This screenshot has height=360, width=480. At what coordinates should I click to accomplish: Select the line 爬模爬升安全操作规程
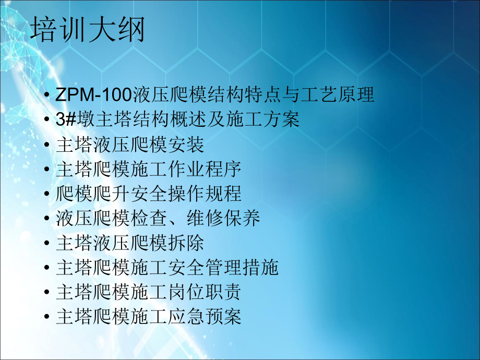click(148, 194)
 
